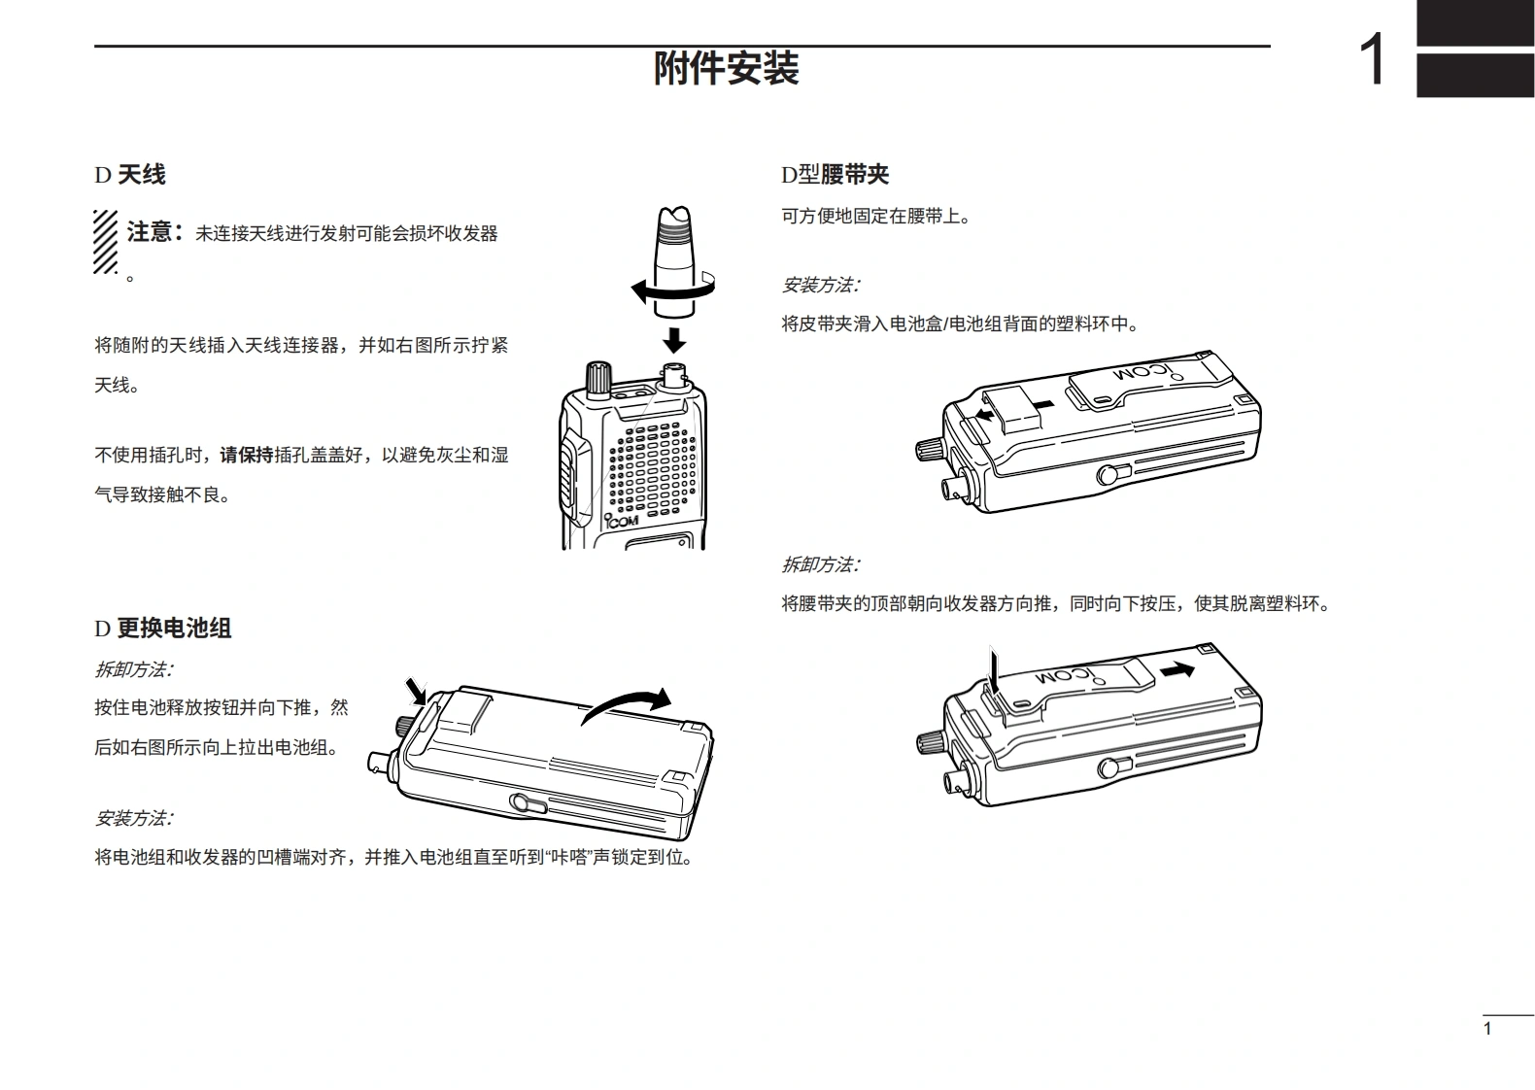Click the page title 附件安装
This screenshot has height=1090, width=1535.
726,69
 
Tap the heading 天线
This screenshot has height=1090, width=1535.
141,175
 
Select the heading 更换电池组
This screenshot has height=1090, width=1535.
174,629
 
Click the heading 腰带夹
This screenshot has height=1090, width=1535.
855,175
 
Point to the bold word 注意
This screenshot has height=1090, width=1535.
151,232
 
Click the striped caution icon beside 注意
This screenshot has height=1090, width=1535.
106,242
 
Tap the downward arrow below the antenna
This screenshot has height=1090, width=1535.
673,339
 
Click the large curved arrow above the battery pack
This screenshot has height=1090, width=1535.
627,703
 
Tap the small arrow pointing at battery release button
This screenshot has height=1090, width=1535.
417,690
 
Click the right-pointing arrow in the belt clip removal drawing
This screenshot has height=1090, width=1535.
1177,669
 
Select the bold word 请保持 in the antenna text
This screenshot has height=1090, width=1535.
247,455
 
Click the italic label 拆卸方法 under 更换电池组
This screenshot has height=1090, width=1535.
133,669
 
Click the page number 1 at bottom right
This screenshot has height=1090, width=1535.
1486,1029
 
